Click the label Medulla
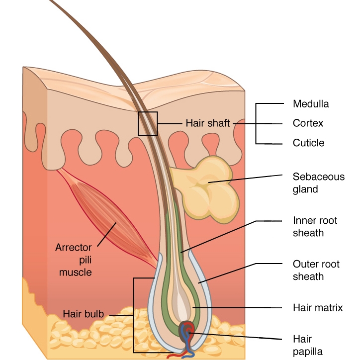[311, 104]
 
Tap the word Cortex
[308, 123]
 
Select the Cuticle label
[308, 143]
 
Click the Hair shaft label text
[208, 123]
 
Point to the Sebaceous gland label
[318, 182]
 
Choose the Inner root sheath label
[315, 226]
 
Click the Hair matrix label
[318, 308]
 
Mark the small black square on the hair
[148, 123]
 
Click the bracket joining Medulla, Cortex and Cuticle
[257, 123]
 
